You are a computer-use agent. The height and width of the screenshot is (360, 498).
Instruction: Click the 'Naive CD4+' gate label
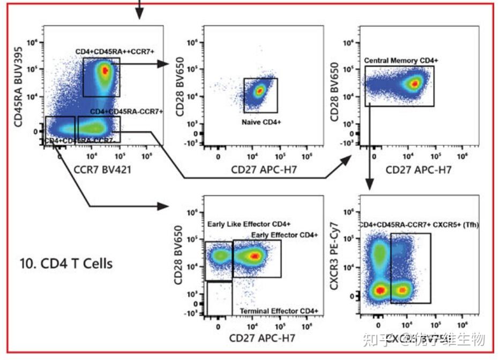(x=261, y=122)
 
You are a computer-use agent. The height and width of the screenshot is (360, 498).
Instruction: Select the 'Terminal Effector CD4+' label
(x=278, y=311)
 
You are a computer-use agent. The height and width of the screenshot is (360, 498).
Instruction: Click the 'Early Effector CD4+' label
(x=284, y=235)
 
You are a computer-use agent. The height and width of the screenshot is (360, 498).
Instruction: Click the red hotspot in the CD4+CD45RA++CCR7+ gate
(x=105, y=70)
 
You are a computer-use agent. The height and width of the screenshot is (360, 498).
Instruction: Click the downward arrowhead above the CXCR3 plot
(x=370, y=186)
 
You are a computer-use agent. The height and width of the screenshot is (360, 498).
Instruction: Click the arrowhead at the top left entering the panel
(x=139, y=14)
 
